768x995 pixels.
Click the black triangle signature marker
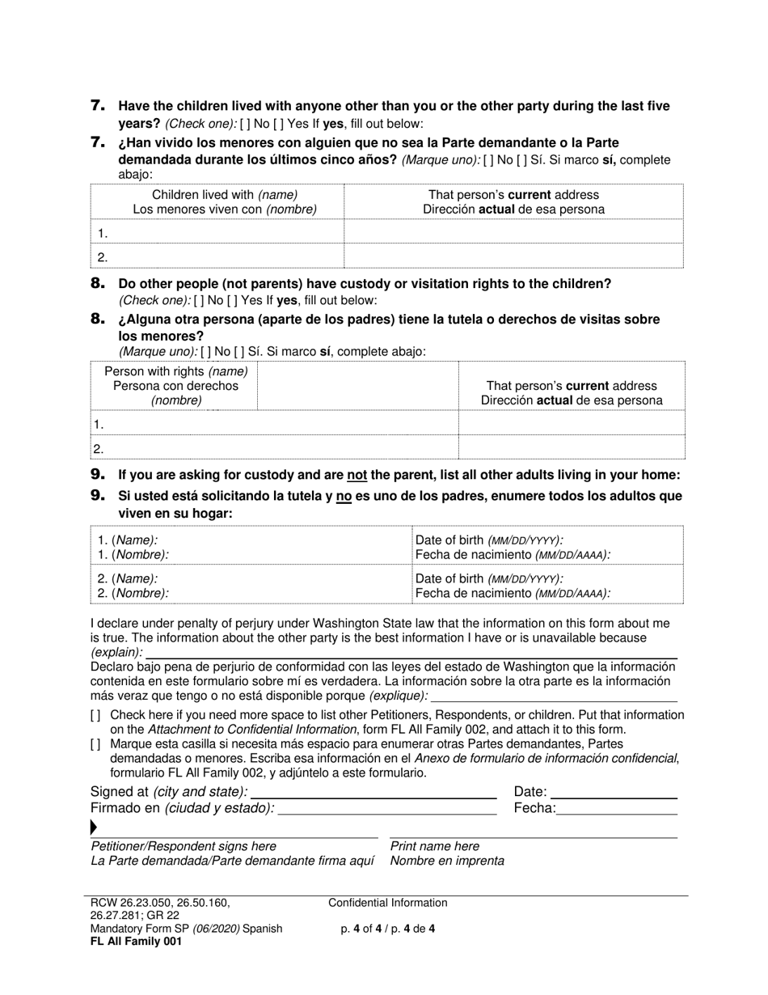point(94,827)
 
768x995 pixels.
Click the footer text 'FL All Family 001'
point(137,942)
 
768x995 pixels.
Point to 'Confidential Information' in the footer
point(388,903)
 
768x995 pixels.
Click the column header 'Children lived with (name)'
point(225,195)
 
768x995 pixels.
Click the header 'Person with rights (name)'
point(176,371)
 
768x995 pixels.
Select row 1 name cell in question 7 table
point(218,233)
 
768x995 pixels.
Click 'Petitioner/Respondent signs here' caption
point(184,846)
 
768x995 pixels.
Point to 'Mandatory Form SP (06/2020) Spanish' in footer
point(187,929)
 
